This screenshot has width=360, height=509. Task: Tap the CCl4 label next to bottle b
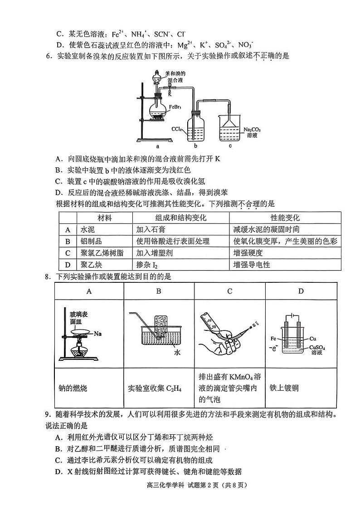coord(177,129)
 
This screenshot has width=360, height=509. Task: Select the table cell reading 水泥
coord(87,229)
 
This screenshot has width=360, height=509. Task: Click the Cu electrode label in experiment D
coord(313,339)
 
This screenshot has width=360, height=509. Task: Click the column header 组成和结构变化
coord(181,218)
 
